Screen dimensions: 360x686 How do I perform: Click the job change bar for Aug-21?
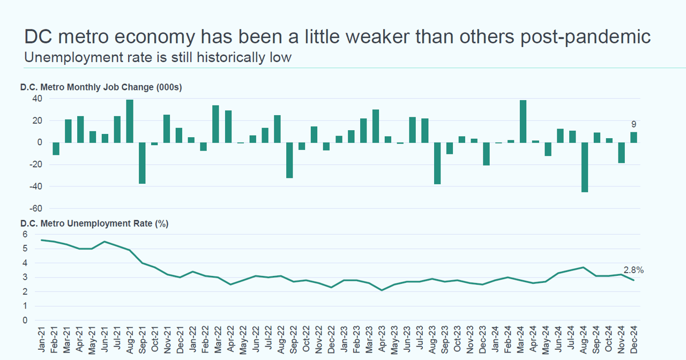130,121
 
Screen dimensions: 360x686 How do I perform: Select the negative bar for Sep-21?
142,163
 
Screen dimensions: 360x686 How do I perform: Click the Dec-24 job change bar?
634,137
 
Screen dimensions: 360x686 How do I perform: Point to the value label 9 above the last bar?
633,124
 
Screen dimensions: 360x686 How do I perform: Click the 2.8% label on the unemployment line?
633,270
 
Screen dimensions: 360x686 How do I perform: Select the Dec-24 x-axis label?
634,339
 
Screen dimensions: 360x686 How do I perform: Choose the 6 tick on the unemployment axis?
24,234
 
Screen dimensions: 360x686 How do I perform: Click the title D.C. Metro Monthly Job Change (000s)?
101,87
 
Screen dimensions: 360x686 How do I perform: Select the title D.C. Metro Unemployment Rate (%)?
94,223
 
